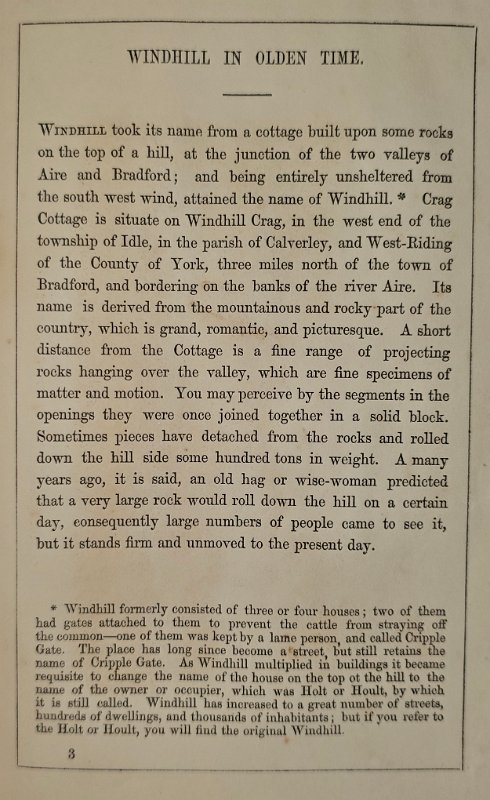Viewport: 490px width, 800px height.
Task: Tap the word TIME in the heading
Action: point(337,58)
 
